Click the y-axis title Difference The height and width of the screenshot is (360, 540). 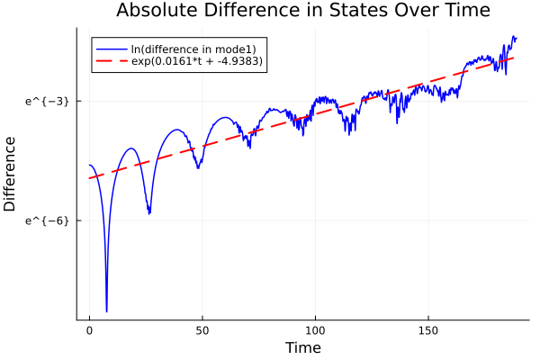pyautogui.click(x=10, y=174)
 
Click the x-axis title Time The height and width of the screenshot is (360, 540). pyautogui.click(x=302, y=347)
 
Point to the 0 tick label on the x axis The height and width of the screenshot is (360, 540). pyautogui.click(x=89, y=331)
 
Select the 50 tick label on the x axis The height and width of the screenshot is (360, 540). pyautogui.click(x=202, y=331)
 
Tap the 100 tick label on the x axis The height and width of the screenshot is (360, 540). pyautogui.click(x=315, y=331)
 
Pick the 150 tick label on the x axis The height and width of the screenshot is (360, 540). pyautogui.click(x=427, y=331)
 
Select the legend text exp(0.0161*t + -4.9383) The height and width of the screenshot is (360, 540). pyautogui.click(x=200, y=61)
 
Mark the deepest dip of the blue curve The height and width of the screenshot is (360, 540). pyautogui.click(x=106, y=311)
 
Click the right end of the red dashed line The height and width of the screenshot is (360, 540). pyautogui.click(x=514, y=58)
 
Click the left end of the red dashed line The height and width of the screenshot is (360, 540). pyautogui.click(x=89, y=178)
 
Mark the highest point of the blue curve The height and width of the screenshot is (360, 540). pyautogui.click(x=514, y=37)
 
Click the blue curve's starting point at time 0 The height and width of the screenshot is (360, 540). pyautogui.click(x=89, y=165)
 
